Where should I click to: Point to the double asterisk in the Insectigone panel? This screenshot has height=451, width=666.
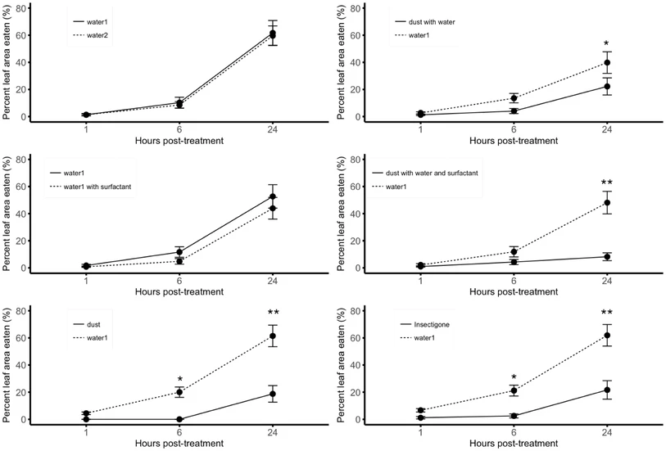607,313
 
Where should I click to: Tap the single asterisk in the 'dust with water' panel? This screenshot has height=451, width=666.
607,45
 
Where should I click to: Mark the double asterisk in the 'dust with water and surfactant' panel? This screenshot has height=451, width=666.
607,183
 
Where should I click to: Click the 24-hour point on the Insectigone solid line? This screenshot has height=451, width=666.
607,390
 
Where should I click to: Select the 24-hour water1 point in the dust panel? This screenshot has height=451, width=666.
273,336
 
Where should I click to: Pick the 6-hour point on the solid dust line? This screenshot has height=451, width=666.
179,419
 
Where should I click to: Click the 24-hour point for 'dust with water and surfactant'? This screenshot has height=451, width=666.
607,257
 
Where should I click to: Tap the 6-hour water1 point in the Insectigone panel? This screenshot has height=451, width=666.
514,391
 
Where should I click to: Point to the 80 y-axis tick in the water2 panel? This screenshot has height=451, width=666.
29,8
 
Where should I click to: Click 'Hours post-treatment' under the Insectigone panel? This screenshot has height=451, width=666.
514,443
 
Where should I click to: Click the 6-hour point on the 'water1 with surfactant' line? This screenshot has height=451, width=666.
179,261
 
